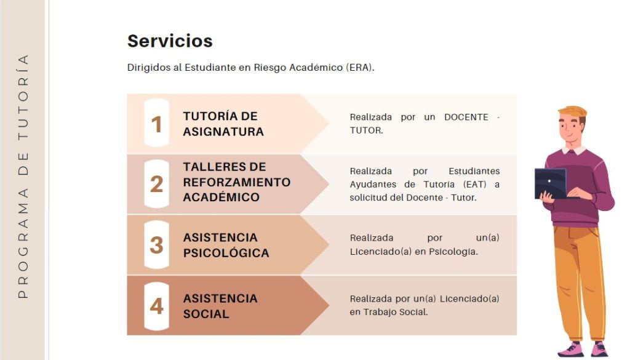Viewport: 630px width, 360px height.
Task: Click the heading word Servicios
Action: coord(170,41)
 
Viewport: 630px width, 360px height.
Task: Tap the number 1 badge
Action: coord(157,123)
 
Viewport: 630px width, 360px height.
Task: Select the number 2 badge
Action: coord(157,184)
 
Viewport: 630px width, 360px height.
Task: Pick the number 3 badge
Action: coord(157,245)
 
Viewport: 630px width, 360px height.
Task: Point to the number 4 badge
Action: coord(157,306)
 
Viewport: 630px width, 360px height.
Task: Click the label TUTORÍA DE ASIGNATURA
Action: coord(223,124)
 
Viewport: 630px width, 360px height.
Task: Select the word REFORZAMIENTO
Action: coord(237,182)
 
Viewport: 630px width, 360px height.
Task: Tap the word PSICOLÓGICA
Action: coord(226,253)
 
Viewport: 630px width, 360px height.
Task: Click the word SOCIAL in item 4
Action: coord(206,314)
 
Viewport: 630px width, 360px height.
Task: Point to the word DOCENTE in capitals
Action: coord(466,117)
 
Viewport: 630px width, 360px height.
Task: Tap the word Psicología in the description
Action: coord(453,252)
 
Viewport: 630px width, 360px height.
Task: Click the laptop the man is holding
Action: coord(551,183)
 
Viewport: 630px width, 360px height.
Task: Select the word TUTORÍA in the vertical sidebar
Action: coord(23,97)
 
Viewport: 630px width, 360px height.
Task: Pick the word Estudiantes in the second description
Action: coord(474,171)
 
